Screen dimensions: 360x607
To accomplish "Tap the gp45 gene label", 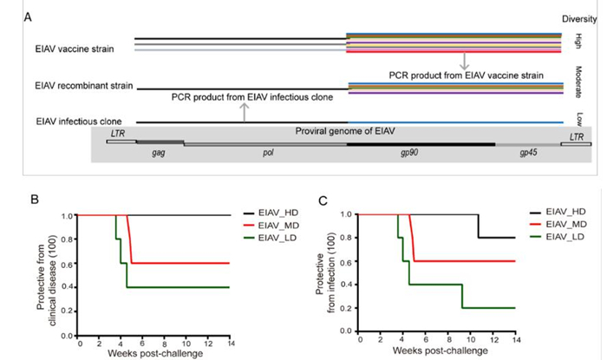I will click(x=527, y=152).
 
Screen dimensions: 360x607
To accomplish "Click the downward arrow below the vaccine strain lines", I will click(x=465, y=62).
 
